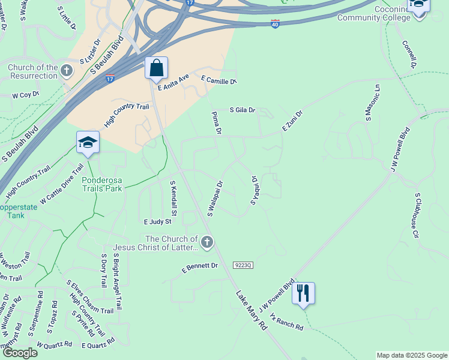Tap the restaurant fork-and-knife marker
click(x=303, y=293)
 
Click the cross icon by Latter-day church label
click(x=206, y=242)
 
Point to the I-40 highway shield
click(x=275, y=25)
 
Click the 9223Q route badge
click(x=243, y=265)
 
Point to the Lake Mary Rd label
click(x=252, y=311)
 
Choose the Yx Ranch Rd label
click(x=286, y=321)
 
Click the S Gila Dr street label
click(x=243, y=110)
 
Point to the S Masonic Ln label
click(x=372, y=102)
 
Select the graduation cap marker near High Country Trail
click(x=88, y=143)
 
